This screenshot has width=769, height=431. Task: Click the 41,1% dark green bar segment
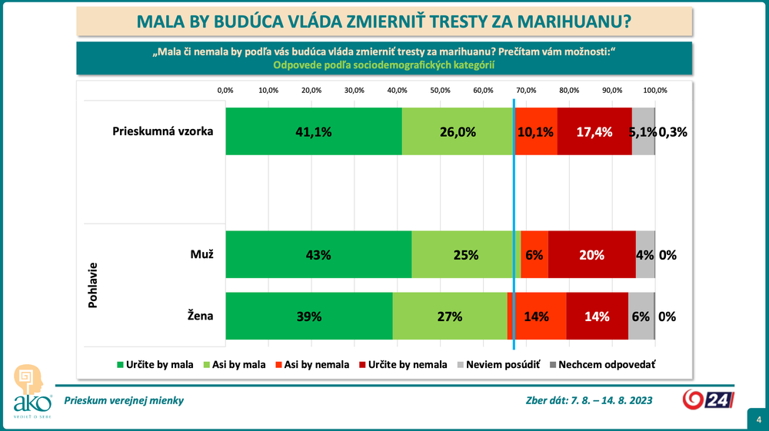pyautogui.click(x=313, y=131)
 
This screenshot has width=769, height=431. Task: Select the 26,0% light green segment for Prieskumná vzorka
pyautogui.click(x=458, y=131)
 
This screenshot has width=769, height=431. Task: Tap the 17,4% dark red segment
pyautogui.click(x=594, y=131)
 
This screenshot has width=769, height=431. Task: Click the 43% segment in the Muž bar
pyautogui.click(x=318, y=254)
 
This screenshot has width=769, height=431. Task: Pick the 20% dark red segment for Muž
pyautogui.click(x=591, y=254)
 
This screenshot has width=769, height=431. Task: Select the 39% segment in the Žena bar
pyautogui.click(x=308, y=316)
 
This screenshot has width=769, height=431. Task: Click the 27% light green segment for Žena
pyautogui.click(x=449, y=316)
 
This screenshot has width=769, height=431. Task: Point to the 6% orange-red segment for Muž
pyautogui.click(x=534, y=254)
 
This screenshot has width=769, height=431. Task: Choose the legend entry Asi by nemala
pyautogui.click(x=311, y=365)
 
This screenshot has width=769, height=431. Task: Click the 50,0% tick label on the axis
pyautogui.click(x=440, y=91)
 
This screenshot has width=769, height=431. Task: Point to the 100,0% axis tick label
pyautogui.click(x=654, y=91)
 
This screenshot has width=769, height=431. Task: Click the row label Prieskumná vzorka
pyautogui.click(x=162, y=131)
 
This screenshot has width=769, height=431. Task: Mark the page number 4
pyautogui.click(x=757, y=419)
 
